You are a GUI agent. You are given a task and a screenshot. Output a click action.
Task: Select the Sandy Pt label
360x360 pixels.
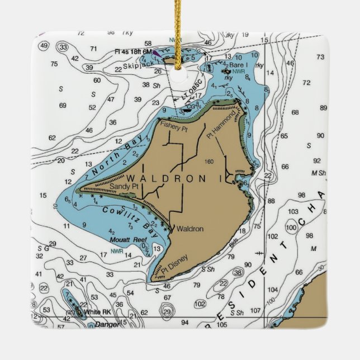(123, 186)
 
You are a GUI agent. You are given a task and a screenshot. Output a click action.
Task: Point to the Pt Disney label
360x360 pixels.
(174, 263)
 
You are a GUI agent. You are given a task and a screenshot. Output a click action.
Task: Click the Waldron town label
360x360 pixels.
(190, 229)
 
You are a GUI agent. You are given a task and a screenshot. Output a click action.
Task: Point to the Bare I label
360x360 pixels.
(237, 65)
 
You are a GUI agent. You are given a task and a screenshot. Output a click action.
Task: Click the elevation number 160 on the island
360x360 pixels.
(210, 162)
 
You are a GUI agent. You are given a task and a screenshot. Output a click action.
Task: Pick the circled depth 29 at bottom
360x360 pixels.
(167, 311)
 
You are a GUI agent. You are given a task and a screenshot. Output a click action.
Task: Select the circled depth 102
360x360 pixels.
(200, 304)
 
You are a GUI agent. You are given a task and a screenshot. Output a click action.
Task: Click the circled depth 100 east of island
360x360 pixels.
(291, 228)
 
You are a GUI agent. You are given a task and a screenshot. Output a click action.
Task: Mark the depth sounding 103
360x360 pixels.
(293, 212)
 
